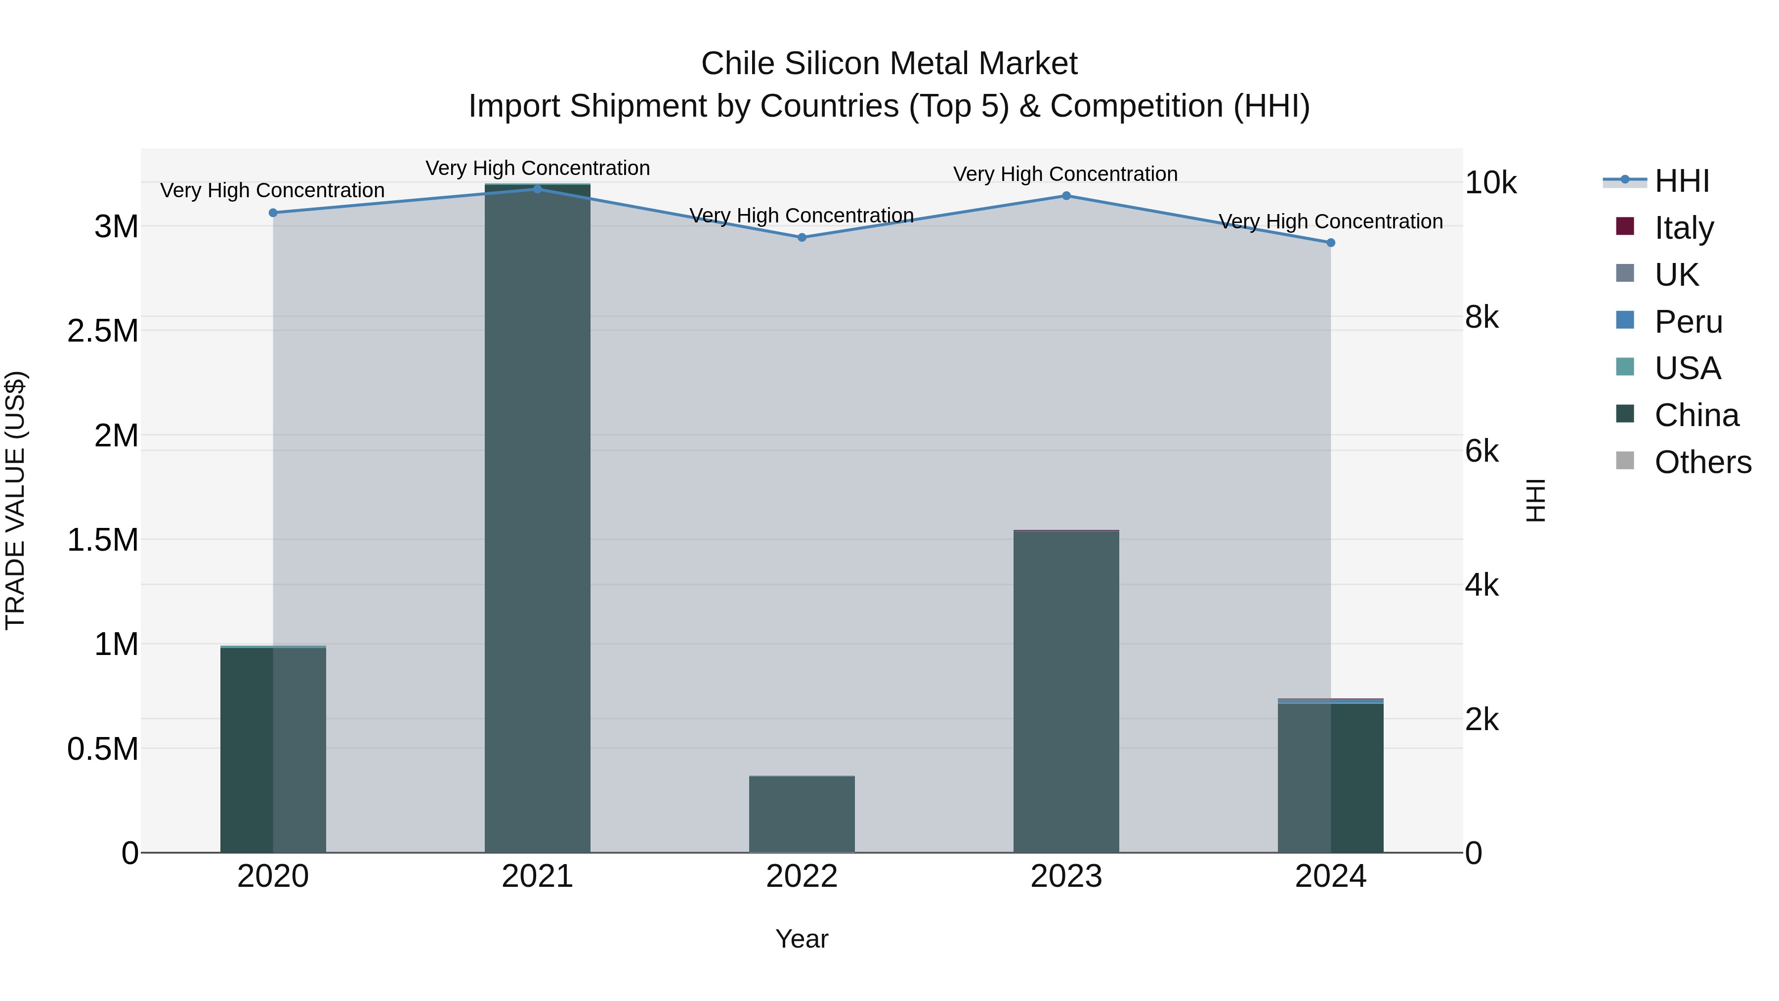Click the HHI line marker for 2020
pos(273,213)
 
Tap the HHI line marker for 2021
pos(537,189)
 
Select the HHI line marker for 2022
pos(802,238)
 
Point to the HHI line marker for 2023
pos(1066,196)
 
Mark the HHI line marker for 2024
pos(1331,243)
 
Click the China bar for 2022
pos(802,815)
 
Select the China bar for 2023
pos(1066,691)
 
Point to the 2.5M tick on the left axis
pos(102,331)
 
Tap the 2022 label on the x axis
pos(802,876)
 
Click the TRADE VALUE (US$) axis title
pos(15,500)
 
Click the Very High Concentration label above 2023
pos(1065,174)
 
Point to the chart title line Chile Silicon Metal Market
pos(889,64)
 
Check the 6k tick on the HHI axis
pos(1482,451)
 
